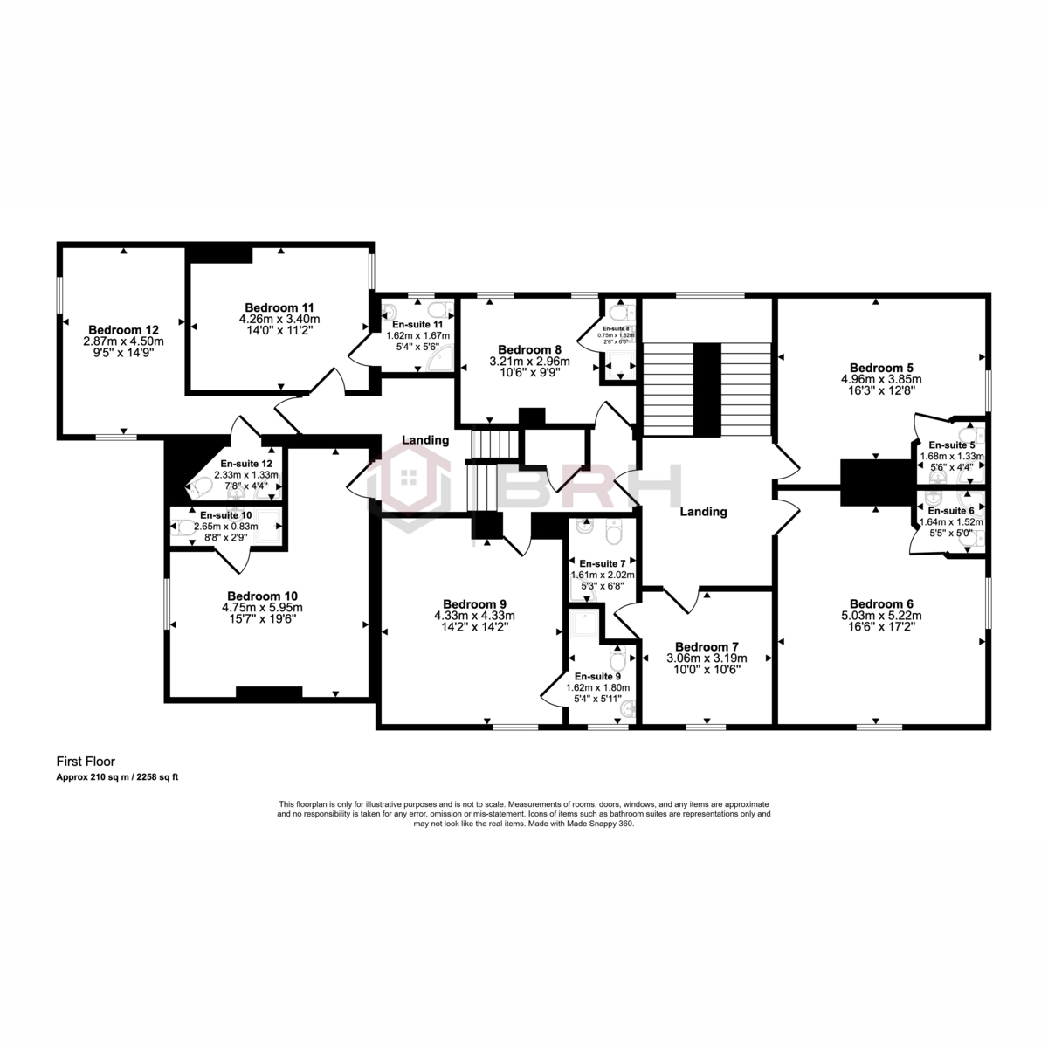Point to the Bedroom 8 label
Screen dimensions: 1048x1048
point(528,349)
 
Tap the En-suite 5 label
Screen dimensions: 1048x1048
point(951,445)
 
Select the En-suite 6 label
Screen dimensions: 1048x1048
point(951,511)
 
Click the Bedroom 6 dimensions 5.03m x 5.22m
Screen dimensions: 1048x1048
point(881,615)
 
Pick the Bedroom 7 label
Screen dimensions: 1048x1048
point(707,647)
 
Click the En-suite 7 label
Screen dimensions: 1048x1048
point(603,563)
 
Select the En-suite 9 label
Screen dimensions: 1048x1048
point(598,676)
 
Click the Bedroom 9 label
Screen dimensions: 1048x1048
point(474,603)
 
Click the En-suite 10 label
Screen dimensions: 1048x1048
point(226,515)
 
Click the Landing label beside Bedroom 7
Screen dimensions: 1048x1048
point(703,512)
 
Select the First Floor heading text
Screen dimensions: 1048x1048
point(86,762)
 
